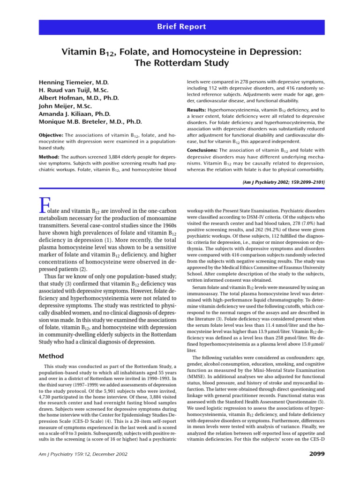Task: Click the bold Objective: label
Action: click(51, 135)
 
